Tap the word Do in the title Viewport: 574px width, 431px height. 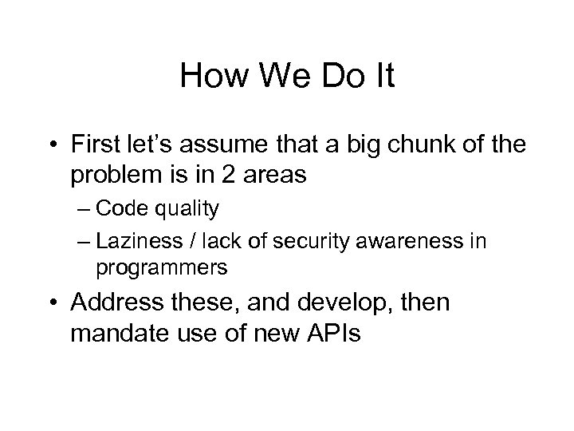338,77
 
